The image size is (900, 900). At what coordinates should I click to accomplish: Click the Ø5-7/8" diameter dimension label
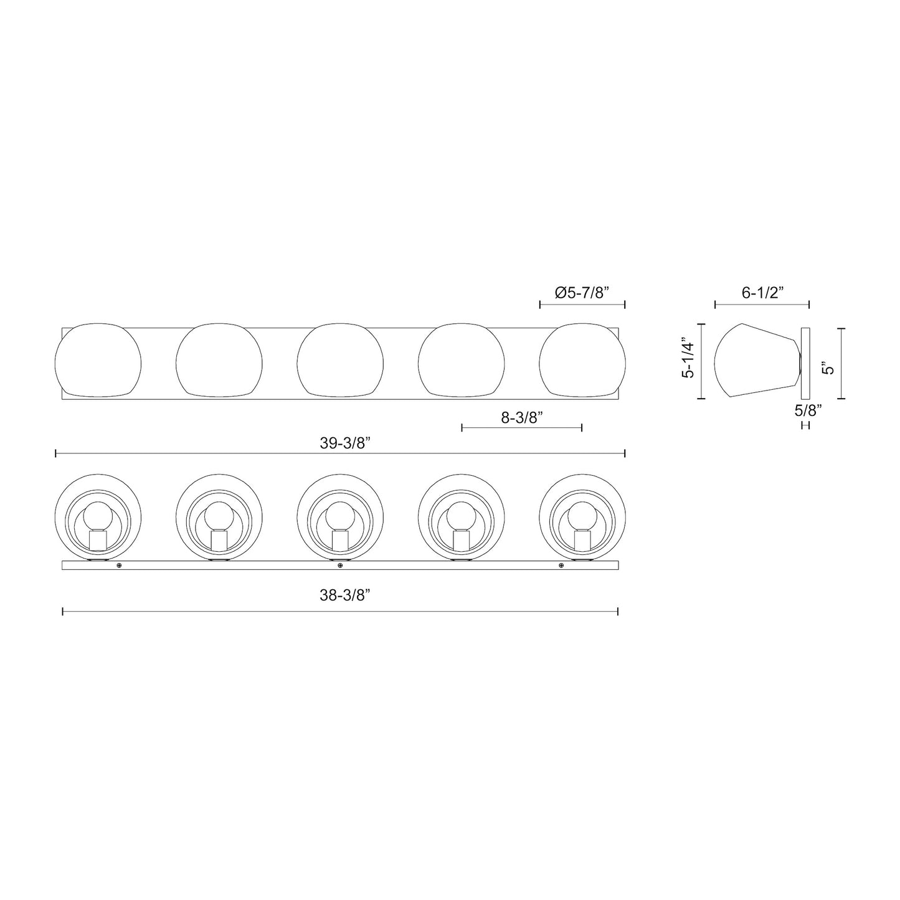pos(582,293)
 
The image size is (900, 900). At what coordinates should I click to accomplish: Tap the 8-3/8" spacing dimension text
pos(522,417)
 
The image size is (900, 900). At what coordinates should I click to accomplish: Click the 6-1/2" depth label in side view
pos(762,293)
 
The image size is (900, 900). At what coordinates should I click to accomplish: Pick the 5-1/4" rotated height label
pos(689,362)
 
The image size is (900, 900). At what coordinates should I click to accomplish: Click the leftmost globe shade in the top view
pos(98,360)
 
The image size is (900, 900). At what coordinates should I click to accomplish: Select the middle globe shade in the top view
pos(340,360)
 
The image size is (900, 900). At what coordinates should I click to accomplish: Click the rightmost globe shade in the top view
pos(582,360)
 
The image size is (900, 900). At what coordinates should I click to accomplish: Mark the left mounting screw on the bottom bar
pos(119,566)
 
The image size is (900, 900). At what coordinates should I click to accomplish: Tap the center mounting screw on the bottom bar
pos(340,566)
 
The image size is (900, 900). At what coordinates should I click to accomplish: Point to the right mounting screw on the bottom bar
pos(561,566)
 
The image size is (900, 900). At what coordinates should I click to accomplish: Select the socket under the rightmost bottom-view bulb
pos(582,539)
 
